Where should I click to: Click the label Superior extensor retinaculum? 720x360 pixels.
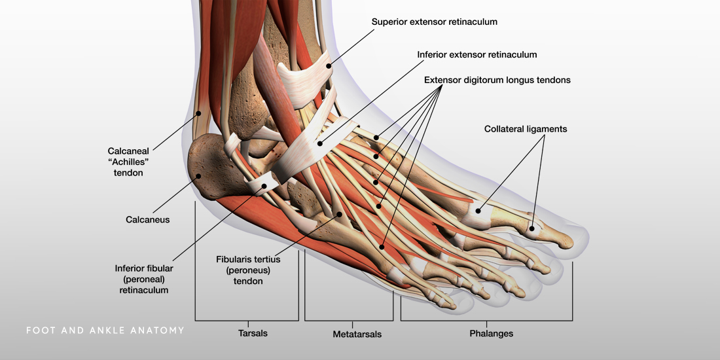coord(434,22)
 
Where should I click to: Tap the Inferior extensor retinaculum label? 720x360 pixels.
coord(477,54)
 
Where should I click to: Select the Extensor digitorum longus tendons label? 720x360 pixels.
coord(497,81)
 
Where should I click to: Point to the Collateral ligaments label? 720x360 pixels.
coord(525,129)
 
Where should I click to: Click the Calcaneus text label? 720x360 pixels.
coord(147,220)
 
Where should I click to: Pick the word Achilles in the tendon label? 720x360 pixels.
coord(126,162)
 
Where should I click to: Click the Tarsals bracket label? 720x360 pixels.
coord(253,333)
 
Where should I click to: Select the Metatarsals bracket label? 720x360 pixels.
coord(357,334)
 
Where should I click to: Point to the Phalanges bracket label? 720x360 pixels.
coord(491,333)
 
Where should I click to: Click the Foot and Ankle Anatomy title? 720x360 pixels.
coord(105,331)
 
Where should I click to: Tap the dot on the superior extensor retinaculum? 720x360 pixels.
coord(329,64)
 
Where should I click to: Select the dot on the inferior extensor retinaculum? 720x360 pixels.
coord(320,143)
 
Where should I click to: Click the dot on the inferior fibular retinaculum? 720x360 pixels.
coord(264,186)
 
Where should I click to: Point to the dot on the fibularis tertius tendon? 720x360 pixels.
coord(339,213)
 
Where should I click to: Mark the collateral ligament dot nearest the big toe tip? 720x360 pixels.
coord(532,228)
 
